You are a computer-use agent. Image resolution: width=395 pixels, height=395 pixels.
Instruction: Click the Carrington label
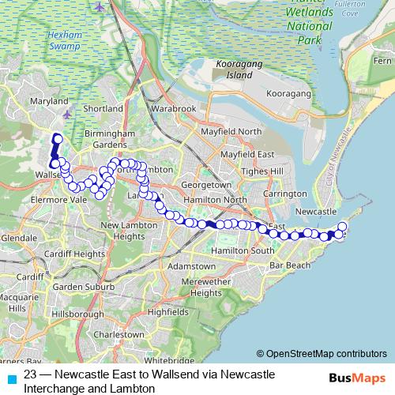point(286,194)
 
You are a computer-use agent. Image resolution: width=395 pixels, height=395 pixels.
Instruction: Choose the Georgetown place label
point(206,185)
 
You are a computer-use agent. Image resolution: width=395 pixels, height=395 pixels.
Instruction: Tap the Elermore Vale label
point(55,200)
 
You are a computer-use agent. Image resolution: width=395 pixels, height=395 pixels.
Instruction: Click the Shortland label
point(103,108)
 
